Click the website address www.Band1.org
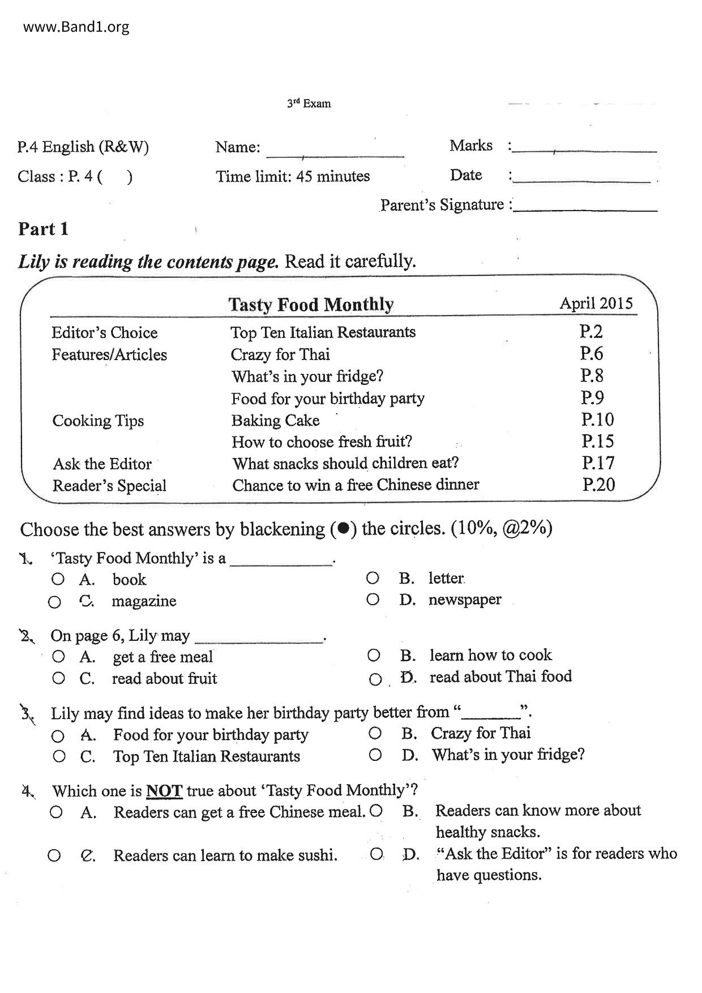pyautogui.click(x=76, y=27)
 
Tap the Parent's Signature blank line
pyautogui.click(x=584, y=210)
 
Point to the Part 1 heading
pyautogui.click(x=43, y=229)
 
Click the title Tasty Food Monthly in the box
pyautogui.click(x=310, y=305)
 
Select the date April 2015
pyautogui.click(x=596, y=303)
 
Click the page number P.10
pyautogui.click(x=597, y=420)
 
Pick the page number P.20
pyautogui.click(x=598, y=485)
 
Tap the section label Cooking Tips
pyautogui.click(x=98, y=421)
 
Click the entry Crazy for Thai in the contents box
pyautogui.click(x=280, y=354)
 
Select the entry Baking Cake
pyautogui.click(x=275, y=421)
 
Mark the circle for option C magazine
pyautogui.click(x=54, y=602)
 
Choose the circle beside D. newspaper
pyautogui.click(x=373, y=599)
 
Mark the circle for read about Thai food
pyautogui.click(x=375, y=679)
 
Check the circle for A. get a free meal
pyautogui.click(x=58, y=657)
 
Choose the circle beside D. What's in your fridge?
pyautogui.click(x=375, y=755)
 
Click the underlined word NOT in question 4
pyautogui.click(x=164, y=790)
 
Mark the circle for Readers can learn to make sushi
pyautogui.click(x=54, y=855)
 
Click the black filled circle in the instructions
pyautogui.click(x=343, y=529)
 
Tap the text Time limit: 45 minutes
pyautogui.click(x=292, y=176)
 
